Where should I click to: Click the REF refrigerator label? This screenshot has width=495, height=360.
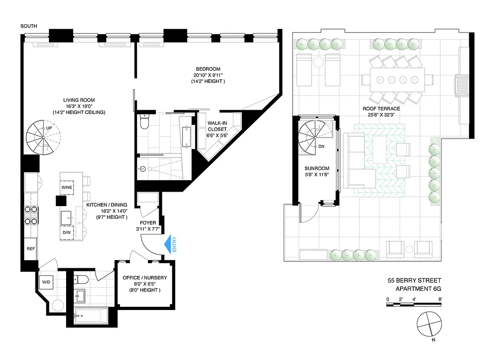tap(31, 249)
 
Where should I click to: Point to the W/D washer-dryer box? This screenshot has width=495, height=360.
tap(46, 283)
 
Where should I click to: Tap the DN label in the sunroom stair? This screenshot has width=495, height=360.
tap(321, 146)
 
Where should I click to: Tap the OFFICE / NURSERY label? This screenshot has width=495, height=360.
tap(144, 278)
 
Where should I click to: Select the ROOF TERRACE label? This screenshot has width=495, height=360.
tap(382, 108)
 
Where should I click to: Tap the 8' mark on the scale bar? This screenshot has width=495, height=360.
tap(441, 299)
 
